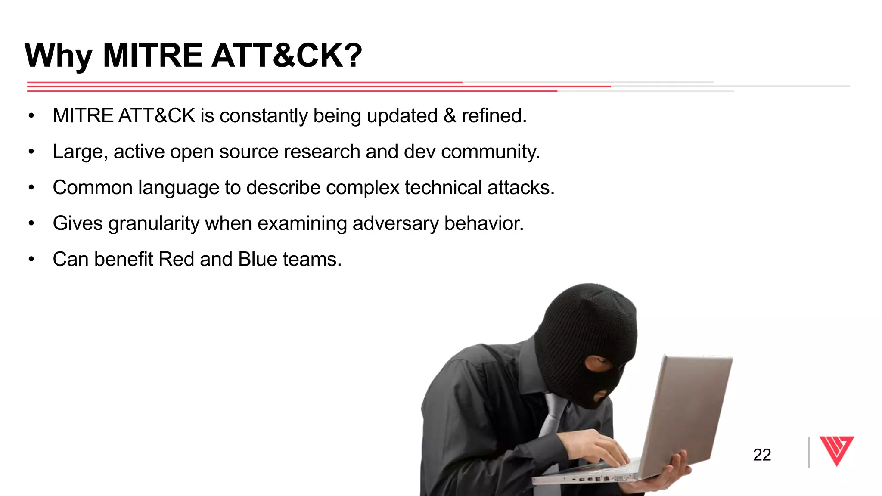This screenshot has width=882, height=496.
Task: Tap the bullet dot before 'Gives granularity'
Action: pos(31,223)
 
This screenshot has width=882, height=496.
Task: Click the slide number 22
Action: pos(761,455)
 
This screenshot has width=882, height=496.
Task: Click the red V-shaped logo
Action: pos(836,450)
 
